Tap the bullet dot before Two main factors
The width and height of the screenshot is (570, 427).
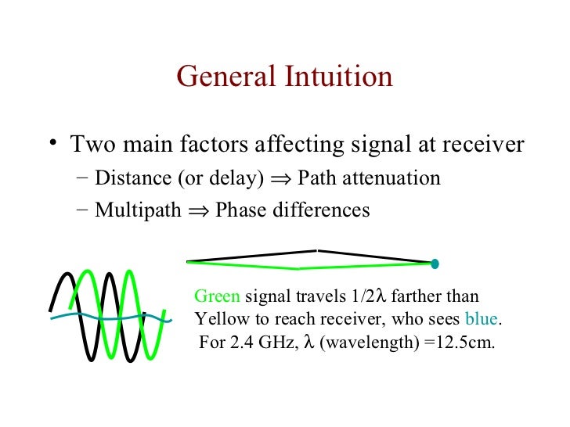[52, 143]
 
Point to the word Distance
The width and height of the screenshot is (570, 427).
[128, 178]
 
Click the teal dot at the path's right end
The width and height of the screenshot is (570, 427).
[435, 263]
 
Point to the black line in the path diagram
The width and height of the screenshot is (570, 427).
[251, 256]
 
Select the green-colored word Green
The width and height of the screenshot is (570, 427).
[218, 297]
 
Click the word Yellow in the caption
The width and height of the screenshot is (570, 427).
[221, 320]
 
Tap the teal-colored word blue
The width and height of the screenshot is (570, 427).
[482, 320]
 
